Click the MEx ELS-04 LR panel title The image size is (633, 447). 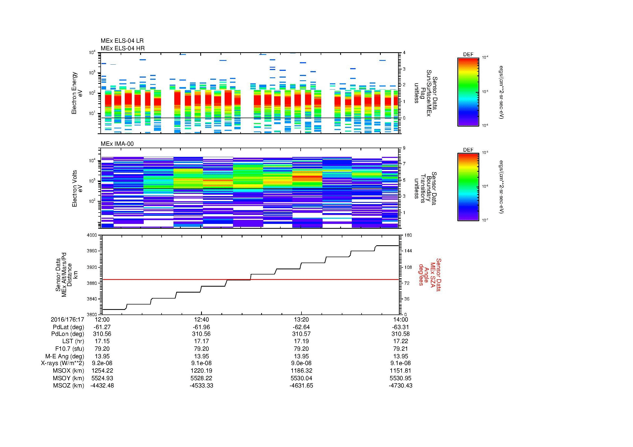(x=122, y=41)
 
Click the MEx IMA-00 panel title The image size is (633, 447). (x=117, y=144)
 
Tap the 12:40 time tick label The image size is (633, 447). (x=202, y=319)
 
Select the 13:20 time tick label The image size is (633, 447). (x=301, y=319)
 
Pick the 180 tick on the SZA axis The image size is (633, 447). (x=408, y=235)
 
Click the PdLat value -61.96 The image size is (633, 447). (x=202, y=327)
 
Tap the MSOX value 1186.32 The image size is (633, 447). (x=301, y=371)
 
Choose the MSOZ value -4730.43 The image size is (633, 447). (x=401, y=386)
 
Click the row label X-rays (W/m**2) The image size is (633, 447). (x=62, y=363)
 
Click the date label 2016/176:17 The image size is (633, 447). (x=67, y=319)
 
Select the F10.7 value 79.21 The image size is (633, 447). (x=401, y=349)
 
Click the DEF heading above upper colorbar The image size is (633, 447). (x=468, y=55)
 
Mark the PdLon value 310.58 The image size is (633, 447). (x=401, y=334)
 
